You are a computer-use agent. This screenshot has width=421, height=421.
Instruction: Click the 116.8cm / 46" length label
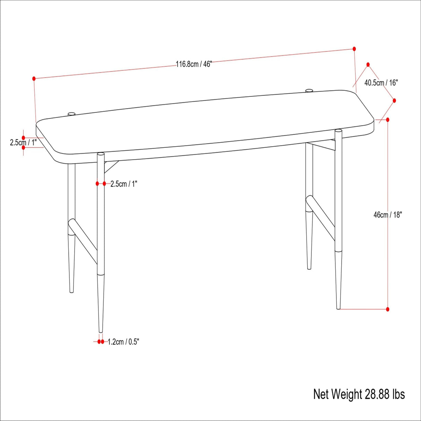[194, 64]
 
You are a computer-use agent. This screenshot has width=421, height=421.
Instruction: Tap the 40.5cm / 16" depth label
[381, 83]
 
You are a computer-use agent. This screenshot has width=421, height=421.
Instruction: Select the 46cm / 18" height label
[387, 215]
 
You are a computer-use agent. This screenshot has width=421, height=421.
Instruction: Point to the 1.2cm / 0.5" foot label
[123, 342]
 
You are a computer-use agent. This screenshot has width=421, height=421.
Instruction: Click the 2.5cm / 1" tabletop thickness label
[23, 142]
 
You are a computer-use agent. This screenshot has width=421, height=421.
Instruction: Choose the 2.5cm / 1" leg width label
[124, 184]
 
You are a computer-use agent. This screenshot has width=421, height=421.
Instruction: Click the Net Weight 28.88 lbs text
[359, 394]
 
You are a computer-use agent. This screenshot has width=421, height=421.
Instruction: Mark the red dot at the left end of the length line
[34, 79]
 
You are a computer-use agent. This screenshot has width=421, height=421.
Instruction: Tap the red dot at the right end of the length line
[354, 49]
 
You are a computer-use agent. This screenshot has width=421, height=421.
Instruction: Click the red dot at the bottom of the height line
[388, 309]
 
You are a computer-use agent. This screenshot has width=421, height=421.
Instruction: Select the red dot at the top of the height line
[388, 120]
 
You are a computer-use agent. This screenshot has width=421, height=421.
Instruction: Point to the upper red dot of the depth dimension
[368, 65]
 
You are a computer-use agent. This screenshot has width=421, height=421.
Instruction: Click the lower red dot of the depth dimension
[394, 101]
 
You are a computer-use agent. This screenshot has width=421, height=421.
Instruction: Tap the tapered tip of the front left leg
[101, 329]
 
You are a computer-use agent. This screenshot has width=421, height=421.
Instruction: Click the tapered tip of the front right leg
[338, 306]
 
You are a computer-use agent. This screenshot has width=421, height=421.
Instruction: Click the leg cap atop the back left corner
[72, 113]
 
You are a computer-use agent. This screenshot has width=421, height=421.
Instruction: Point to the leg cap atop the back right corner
[309, 91]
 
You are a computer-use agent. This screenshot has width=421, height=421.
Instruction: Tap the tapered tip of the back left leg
[72, 290]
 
